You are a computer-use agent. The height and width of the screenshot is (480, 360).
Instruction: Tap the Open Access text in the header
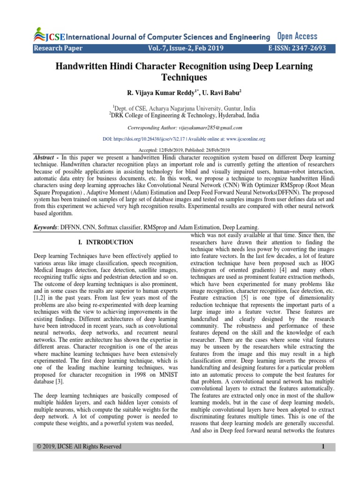(297, 36)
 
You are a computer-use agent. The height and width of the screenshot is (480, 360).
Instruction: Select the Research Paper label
(58, 48)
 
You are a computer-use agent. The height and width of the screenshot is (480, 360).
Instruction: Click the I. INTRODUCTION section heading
(105, 242)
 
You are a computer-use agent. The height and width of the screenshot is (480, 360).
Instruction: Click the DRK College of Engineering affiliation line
(180, 115)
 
